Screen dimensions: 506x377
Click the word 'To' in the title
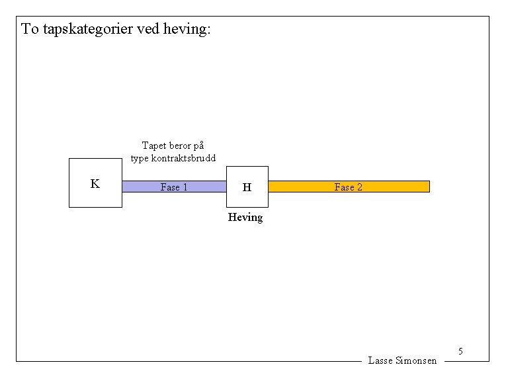(x=30, y=29)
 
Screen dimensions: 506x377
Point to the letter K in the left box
(x=95, y=184)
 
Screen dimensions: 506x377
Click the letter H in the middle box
(x=247, y=187)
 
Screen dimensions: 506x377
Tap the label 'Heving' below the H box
(x=245, y=217)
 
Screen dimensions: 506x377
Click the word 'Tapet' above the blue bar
(x=153, y=146)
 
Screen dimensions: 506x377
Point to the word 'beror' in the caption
(x=179, y=146)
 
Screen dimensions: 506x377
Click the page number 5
(x=460, y=351)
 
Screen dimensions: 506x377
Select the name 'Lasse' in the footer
(x=380, y=360)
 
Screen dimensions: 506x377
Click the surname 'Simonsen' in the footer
(x=416, y=360)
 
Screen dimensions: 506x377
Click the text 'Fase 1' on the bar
(x=174, y=187)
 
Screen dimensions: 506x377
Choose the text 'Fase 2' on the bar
(x=349, y=187)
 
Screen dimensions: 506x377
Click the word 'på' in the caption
(x=198, y=146)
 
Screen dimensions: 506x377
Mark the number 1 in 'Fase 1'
(x=185, y=187)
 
